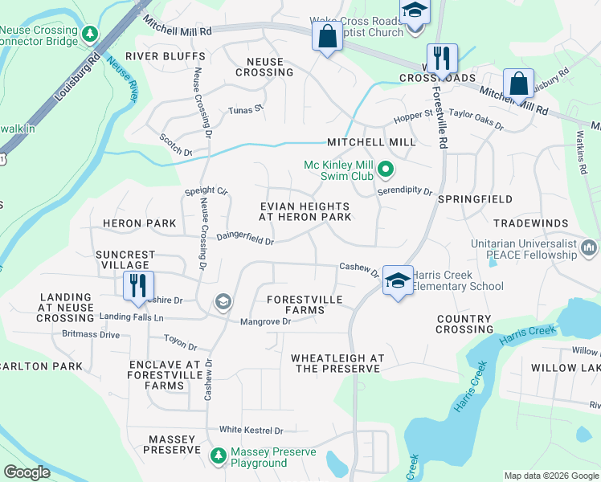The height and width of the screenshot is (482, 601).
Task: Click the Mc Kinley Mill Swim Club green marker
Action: [386, 170]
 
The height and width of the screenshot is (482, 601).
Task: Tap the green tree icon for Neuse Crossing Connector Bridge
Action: [91, 33]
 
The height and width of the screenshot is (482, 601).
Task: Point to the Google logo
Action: [27, 472]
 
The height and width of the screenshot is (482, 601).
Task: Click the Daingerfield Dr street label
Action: [245, 239]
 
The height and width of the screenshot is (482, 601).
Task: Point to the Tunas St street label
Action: [246, 111]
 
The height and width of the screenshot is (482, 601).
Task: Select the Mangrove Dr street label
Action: [265, 321]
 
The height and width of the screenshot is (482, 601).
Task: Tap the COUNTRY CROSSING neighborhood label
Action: [464, 324]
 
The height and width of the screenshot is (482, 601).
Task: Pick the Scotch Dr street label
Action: [176, 145]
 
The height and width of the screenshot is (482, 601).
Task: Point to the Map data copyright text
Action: [551, 476]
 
